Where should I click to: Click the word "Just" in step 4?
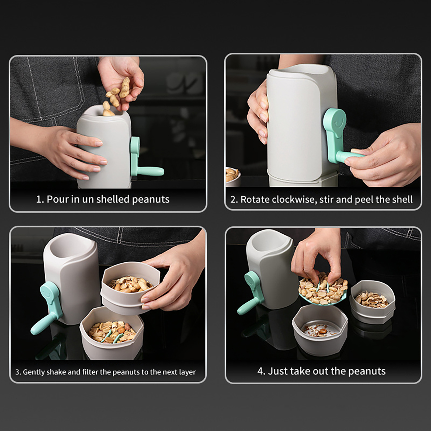pos(277,371)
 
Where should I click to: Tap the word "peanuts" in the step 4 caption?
pos(367,371)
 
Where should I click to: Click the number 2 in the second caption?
pos(233,200)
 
